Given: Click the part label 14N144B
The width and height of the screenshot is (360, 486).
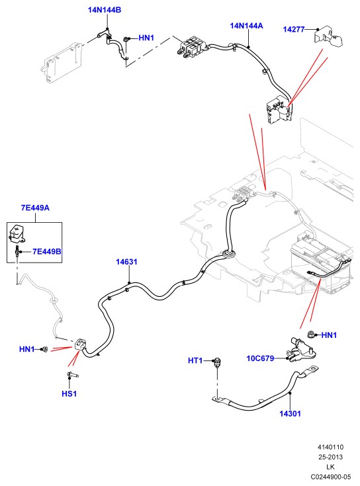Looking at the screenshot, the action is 105,10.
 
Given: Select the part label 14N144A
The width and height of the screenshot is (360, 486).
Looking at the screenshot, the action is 247,26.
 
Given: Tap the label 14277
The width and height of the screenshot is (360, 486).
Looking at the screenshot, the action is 294,30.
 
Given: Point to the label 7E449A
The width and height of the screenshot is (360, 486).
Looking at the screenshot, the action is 35,208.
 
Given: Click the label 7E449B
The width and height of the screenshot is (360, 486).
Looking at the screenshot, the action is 47,251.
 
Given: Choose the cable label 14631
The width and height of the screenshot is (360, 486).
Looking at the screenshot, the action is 126,262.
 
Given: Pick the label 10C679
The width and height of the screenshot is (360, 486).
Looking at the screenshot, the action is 260,358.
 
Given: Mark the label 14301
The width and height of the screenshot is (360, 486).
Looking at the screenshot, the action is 290,413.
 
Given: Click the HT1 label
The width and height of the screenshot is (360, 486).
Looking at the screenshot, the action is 195,361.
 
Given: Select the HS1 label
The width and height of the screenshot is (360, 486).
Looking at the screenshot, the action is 69,394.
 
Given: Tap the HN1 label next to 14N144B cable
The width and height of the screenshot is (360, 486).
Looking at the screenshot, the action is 146,38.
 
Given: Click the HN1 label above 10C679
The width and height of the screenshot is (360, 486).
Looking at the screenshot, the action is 329,335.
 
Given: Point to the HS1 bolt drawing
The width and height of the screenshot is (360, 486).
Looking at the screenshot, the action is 72,376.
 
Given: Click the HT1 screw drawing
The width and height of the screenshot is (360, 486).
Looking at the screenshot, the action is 217,362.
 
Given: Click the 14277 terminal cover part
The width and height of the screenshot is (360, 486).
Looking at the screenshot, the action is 328,36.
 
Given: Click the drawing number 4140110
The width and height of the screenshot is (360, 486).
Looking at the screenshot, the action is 330,447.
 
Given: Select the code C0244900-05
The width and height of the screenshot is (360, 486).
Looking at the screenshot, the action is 331,477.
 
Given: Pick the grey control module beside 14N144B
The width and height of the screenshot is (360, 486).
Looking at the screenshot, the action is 64,62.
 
